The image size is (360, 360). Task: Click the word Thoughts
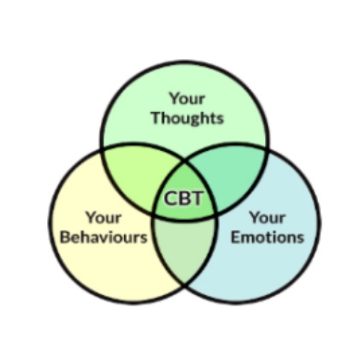pos(187,118)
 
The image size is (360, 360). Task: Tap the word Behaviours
pos(104,237)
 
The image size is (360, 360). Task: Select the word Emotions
pos(267,237)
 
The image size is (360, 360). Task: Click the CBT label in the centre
pos(183,198)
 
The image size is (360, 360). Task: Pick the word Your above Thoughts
pos(187,99)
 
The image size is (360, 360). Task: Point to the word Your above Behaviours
pos(104,217)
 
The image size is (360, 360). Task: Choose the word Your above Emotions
pos(268,217)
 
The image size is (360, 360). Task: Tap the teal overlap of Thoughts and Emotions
pos(233,175)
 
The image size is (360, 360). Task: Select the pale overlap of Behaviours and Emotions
pos(185,246)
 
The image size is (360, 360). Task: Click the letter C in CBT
pos(170,198)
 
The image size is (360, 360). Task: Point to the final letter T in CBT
pos(197,198)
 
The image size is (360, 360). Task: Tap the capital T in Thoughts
pos(157,118)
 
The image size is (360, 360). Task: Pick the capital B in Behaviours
pos(65,237)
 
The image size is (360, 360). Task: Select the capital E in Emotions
pos(236,237)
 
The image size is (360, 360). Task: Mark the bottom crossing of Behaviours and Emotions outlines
pos(185,285)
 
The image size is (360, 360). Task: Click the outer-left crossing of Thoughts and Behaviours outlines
pos(102,150)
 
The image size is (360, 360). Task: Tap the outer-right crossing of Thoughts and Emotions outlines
pos(268,150)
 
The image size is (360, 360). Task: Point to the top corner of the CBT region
pos(185,161)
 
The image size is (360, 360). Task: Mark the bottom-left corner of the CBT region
pos(154,214)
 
